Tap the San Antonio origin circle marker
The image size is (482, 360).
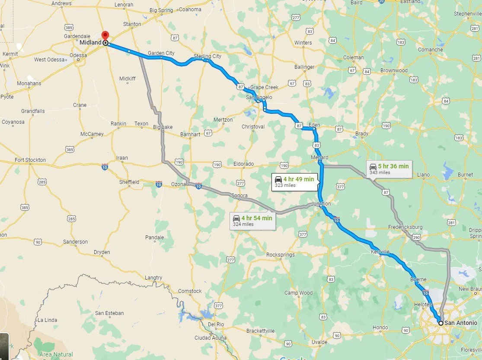pos(441,323)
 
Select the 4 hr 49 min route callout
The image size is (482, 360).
pos(294,182)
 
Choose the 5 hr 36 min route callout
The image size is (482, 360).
pos(388,169)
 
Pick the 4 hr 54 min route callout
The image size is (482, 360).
pos(252,221)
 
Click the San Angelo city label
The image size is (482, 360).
pos(259,97)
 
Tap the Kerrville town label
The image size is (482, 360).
pos(380,251)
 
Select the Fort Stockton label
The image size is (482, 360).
pos(30,160)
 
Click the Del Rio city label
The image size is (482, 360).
pos(216,324)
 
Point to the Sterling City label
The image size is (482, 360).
pos(207,56)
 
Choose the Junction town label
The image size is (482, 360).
pos(320,204)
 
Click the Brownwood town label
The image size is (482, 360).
pos(394,71)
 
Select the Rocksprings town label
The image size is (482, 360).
pos(280,255)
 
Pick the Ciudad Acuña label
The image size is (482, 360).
pos(210,338)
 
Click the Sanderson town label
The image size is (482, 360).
pos(75,242)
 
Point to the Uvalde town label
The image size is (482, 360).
pos(319,342)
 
